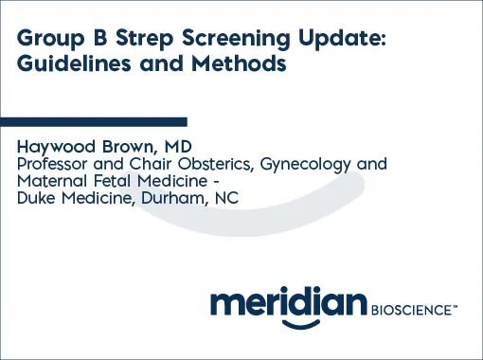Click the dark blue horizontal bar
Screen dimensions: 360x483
(x=94, y=121)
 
